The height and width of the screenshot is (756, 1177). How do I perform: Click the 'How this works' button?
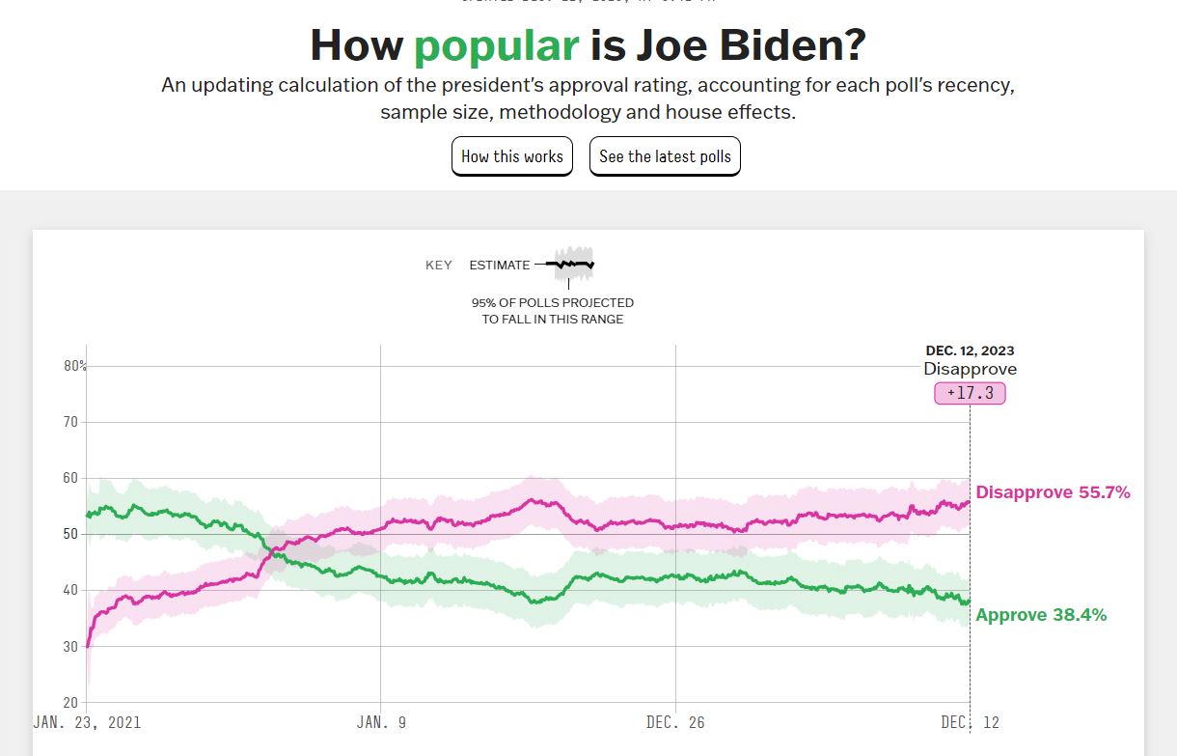(x=512, y=156)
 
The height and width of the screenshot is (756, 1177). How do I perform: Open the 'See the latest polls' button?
(x=665, y=156)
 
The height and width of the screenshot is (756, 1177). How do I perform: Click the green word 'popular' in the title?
(x=496, y=45)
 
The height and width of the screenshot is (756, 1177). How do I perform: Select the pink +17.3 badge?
(x=970, y=393)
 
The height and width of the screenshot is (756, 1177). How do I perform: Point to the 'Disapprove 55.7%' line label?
(x=1053, y=492)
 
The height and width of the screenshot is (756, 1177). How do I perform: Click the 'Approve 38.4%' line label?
(x=1041, y=615)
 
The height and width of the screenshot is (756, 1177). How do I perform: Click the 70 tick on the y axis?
(x=71, y=422)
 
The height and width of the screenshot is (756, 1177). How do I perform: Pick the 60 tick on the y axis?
(x=71, y=478)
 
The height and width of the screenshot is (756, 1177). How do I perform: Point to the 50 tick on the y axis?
(x=71, y=534)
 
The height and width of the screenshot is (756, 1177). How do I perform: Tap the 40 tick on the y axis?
(x=71, y=590)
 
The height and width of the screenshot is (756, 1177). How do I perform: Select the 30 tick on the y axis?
(x=71, y=646)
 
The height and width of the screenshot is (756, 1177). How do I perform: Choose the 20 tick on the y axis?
(x=71, y=702)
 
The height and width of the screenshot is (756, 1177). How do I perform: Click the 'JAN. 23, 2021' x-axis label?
(x=87, y=722)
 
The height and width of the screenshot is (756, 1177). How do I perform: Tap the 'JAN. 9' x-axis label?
(x=381, y=722)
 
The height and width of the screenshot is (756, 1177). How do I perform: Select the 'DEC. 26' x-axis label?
(x=675, y=722)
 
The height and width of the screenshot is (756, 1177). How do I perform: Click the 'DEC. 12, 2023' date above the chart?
(x=970, y=351)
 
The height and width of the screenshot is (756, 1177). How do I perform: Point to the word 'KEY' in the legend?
(x=439, y=266)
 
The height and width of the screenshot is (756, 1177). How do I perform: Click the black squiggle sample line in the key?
(x=570, y=264)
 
